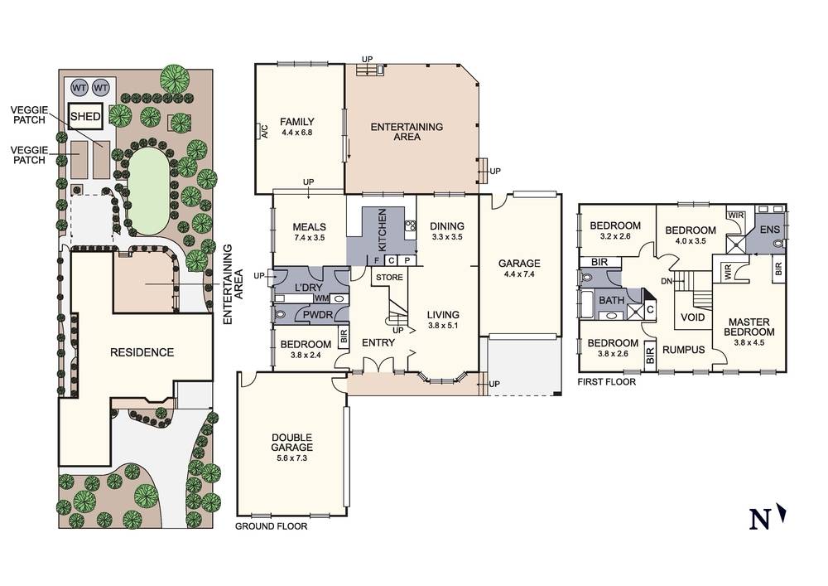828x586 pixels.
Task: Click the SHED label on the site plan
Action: pyautogui.click(x=84, y=118)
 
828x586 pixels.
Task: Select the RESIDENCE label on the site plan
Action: pyautogui.click(x=142, y=352)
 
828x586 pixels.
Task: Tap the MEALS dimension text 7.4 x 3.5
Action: pyautogui.click(x=309, y=239)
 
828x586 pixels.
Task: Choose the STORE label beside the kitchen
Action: pyautogui.click(x=388, y=277)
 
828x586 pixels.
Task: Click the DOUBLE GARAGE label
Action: pyautogui.click(x=291, y=443)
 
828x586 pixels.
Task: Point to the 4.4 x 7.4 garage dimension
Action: pyautogui.click(x=519, y=276)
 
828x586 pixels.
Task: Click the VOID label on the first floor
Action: pyautogui.click(x=692, y=317)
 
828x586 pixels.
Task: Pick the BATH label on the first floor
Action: pyautogui.click(x=611, y=300)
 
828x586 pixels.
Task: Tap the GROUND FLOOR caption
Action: pyautogui.click(x=271, y=526)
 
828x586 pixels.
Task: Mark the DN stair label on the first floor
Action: pyautogui.click(x=667, y=281)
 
